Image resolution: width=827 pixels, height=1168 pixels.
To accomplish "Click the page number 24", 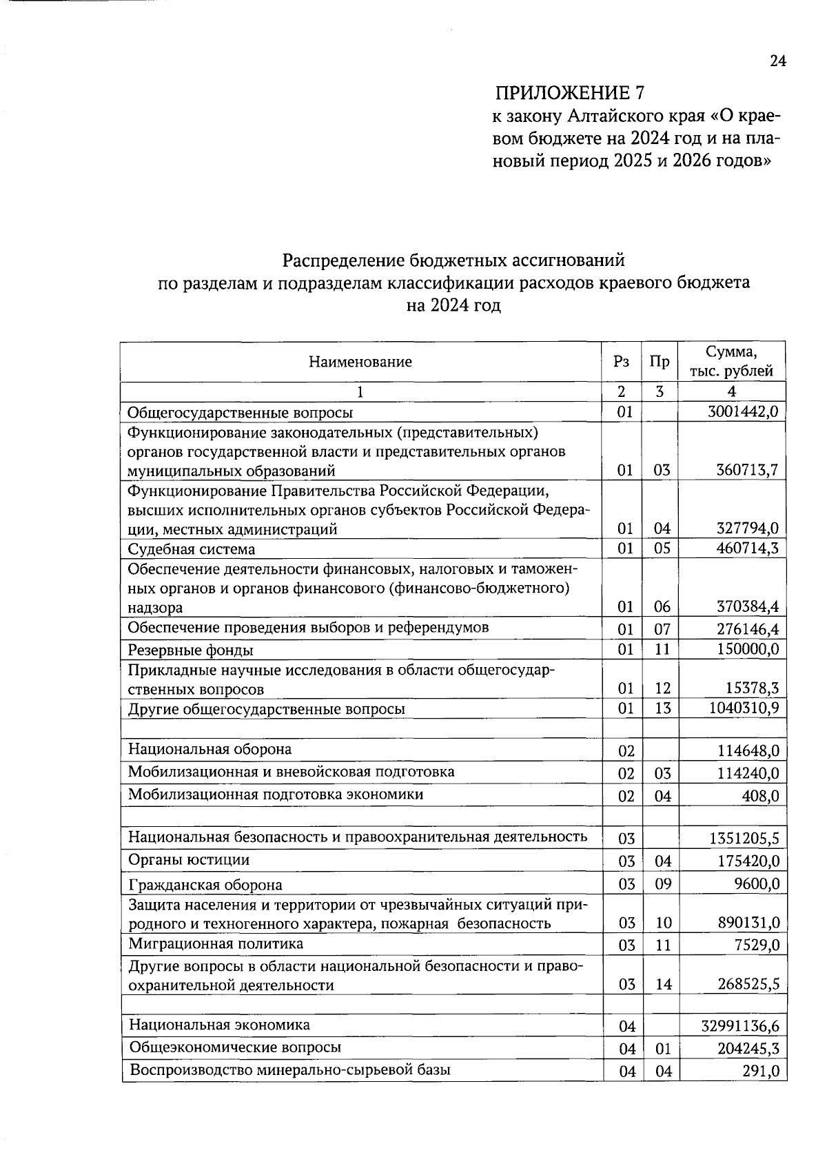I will click(x=777, y=61).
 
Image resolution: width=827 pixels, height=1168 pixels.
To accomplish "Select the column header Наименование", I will click(x=360, y=362).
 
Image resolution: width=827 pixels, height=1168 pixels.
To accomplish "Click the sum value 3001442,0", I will click(x=743, y=412).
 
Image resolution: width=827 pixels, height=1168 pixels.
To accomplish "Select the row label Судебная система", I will click(x=192, y=549).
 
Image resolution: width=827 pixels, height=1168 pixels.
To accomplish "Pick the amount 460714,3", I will click(x=747, y=549).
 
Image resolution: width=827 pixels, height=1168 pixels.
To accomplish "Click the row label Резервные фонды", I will click(x=191, y=650).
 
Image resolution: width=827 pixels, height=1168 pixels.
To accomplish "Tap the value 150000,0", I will click(x=747, y=649).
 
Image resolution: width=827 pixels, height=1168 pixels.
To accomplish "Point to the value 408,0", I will click(x=765, y=796).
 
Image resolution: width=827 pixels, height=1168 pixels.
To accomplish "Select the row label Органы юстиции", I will click(x=189, y=860).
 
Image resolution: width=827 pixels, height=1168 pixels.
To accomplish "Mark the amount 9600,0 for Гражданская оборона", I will click(x=758, y=883).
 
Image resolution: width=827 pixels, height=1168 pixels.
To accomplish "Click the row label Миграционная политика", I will click(x=216, y=943).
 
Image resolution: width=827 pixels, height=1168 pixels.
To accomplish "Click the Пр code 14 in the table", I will click(x=663, y=985).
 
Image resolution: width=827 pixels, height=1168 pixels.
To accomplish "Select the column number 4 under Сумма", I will click(x=732, y=391).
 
